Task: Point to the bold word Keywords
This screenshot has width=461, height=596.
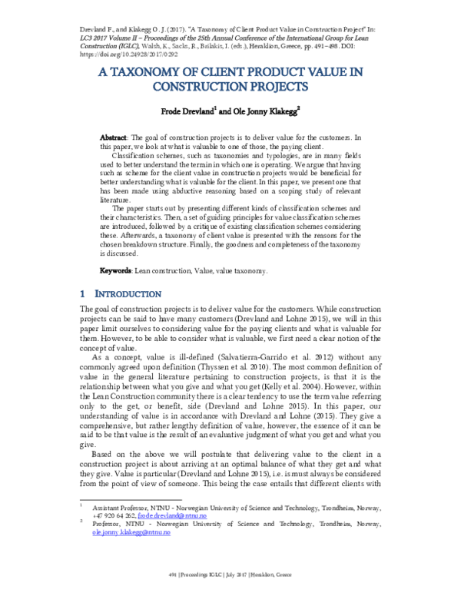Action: [x=118, y=271]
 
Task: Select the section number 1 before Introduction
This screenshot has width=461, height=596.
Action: [x=83, y=294]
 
